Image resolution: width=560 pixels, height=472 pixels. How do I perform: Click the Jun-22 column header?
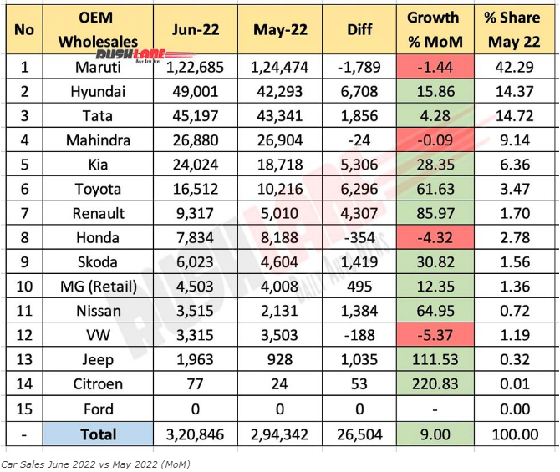[198, 29]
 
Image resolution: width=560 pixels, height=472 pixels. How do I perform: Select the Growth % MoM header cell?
[434, 29]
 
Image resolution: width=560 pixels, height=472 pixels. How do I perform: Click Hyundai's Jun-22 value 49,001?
[198, 90]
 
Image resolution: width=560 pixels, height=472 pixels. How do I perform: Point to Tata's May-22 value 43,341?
[280, 115]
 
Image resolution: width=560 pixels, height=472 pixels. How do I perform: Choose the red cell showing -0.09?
[434, 140]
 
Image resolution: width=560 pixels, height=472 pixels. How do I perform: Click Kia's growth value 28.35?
[434, 165]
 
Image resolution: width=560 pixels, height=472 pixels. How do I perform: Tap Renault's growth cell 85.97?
[434, 213]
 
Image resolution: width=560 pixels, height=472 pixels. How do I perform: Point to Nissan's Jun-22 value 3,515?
[198, 312]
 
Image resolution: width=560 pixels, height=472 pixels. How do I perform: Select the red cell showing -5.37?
[434, 336]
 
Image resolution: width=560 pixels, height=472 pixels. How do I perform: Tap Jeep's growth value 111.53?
[434, 361]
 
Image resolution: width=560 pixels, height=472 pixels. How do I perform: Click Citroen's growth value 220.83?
[434, 385]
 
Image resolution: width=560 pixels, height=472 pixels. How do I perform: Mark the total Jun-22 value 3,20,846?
[198, 434]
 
